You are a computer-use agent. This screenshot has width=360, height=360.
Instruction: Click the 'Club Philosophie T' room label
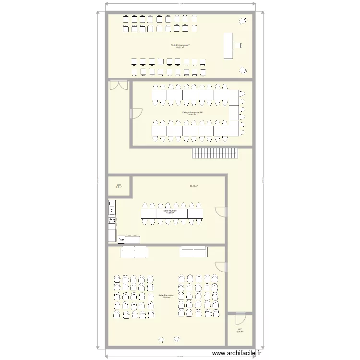point(180,46)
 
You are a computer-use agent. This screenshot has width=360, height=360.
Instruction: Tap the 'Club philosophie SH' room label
point(192,113)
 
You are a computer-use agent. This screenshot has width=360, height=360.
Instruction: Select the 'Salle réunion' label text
point(169,211)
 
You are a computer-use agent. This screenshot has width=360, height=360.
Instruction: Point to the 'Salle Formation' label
point(166,296)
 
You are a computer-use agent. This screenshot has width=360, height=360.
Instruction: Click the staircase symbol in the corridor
point(215,153)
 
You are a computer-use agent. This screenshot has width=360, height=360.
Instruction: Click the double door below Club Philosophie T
point(118,85)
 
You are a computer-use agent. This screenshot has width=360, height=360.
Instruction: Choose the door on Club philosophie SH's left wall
point(136,113)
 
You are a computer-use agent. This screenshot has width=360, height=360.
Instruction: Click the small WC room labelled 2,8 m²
point(119,186)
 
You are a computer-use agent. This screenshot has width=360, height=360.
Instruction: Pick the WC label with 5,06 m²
point(240,330)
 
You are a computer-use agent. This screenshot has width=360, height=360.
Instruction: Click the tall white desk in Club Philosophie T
point(228,46)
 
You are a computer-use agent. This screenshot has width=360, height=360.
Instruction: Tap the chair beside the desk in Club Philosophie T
point(239,46)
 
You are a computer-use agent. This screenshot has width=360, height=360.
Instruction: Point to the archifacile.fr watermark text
point(237,353)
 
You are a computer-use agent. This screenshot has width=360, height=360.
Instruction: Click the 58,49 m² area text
point(194,186)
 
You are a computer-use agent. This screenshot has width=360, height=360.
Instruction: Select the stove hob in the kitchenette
point(112,221)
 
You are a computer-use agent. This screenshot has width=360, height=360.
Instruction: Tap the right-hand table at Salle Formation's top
point(193,252)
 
